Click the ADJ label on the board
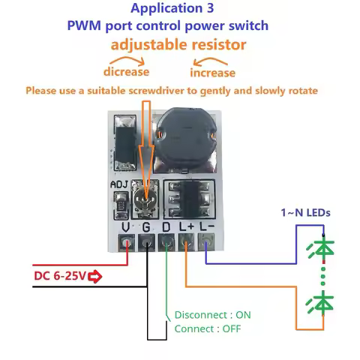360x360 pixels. click(119, 184)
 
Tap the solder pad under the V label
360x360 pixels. click(126, 242)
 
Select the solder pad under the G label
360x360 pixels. click(146, 242)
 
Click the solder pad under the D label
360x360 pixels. click(166, 242)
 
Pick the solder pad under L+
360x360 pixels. click(186, 242)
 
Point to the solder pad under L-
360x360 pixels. click(206, 242)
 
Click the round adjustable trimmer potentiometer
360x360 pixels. click(145, 199)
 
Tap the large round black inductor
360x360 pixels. click(185, 138)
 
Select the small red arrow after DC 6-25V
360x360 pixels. click(95, 277)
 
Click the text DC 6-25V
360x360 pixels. click(60, 276)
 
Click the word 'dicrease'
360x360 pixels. click(126, 72)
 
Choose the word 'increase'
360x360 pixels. click(212, 73)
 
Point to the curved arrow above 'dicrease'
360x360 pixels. click(127, 59)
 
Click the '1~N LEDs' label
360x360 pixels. click(305, 213)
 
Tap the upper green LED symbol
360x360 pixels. click(321, 249)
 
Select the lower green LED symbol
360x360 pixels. click(320, 303)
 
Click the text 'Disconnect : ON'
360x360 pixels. click(212, 315)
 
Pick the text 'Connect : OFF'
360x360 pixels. click(208, 328)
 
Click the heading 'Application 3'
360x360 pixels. click(172, 8)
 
